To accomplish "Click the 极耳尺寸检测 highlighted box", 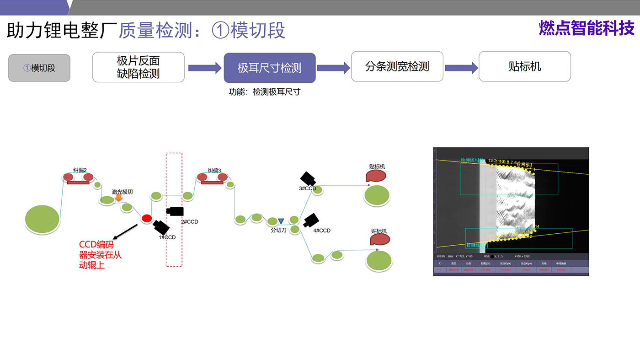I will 269,68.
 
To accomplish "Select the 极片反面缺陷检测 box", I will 139,67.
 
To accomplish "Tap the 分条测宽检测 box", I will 397,67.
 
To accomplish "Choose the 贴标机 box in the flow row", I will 524,67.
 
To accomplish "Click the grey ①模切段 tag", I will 39,68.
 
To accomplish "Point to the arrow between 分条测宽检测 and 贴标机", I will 461,68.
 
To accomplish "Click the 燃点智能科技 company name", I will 587,28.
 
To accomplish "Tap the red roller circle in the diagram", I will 146,218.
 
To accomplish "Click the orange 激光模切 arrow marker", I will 118,198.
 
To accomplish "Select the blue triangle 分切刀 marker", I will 281,221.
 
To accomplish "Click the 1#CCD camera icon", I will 161,226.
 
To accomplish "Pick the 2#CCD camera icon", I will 175,211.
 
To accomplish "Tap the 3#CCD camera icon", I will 308,179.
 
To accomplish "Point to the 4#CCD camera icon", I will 311,220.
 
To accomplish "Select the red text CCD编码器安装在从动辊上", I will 100,255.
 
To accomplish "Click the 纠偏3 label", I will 214,171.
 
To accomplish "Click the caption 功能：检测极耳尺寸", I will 264,91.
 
